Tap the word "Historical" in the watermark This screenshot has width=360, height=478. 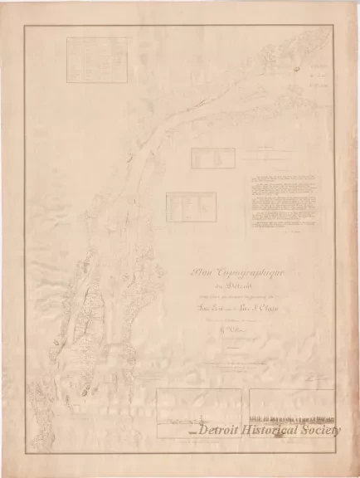click(274, 430)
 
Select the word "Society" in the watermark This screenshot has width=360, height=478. click(323, 430)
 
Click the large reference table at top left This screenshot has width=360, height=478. click(90, 56)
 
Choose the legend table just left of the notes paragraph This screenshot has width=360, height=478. click(190, 205)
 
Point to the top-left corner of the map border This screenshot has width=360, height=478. click(26, 27)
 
